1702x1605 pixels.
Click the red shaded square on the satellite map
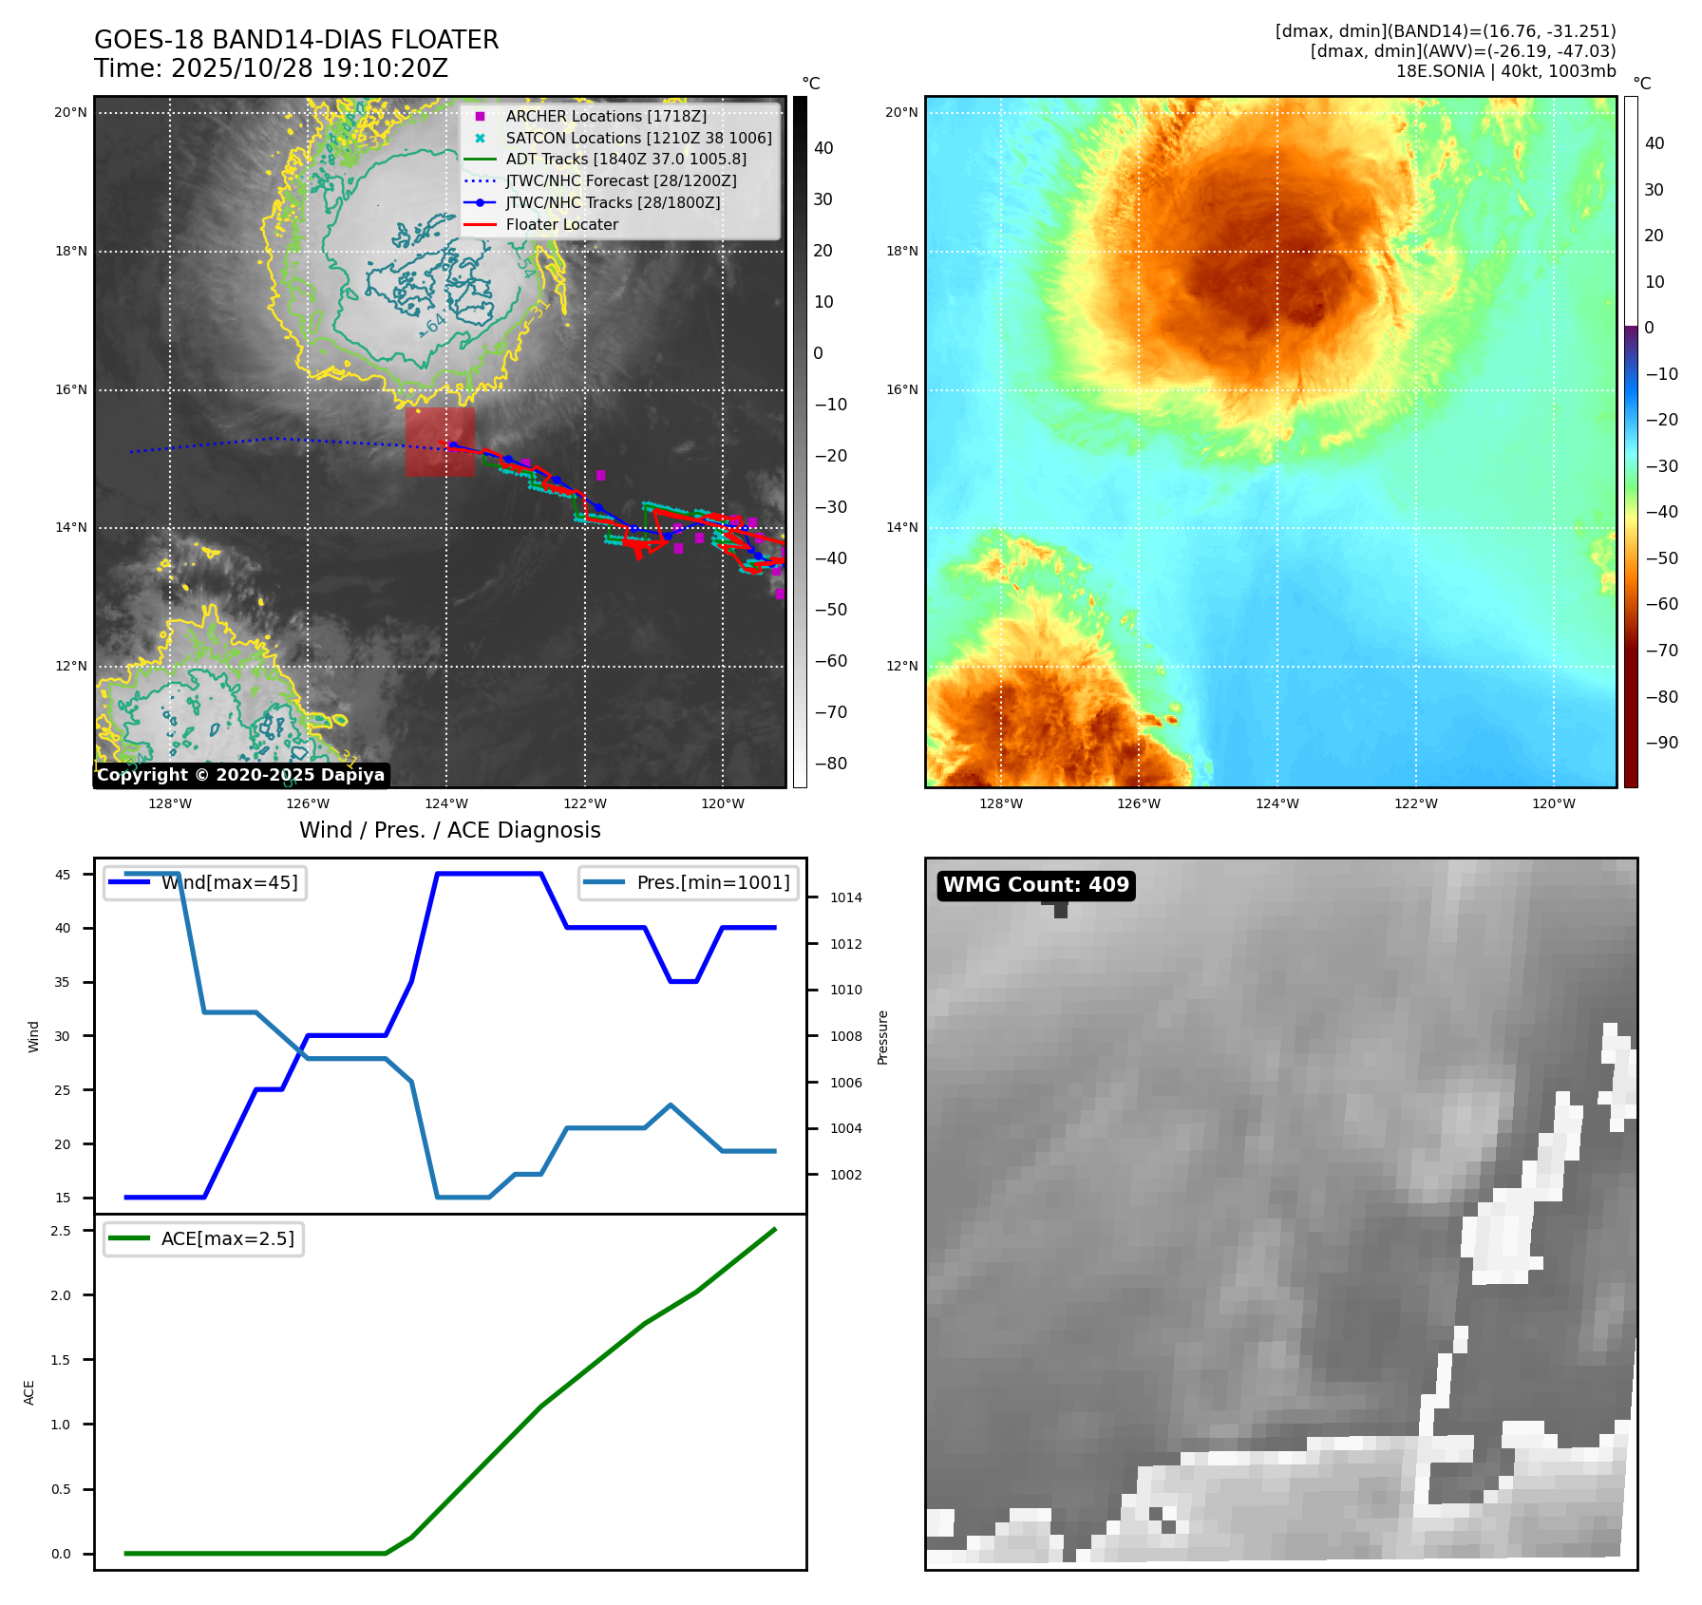(x=440, y=442)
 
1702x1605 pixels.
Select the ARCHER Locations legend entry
(x=605, y=116)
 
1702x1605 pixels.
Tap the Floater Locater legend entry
(x=561, y=225)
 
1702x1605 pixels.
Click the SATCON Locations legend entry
(x=637, y=138)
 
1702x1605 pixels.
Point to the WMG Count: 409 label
(x=1035, y=885)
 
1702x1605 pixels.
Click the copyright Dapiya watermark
(x=240, y=775)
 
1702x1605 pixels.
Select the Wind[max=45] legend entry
(x=205, y=882)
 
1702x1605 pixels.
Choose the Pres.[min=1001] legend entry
(x=689, y=882)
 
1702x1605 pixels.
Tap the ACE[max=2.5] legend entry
(x=204, y=1238)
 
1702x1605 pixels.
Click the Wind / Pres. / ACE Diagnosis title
(x=449, y=830)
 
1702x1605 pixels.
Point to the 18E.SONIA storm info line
(x=1504, y=71)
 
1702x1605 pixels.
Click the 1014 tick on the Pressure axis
(x=845, y=897)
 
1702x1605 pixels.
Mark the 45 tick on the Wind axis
(x=63, y=875)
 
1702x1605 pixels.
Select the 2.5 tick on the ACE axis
(x=61, y=1231)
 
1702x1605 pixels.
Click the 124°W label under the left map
(x=446, y=803)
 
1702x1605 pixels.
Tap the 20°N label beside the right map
(x=901, y=112)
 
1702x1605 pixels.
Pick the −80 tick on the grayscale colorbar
(x=830, y=764)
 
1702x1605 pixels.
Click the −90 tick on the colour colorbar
(x=1661, y=743)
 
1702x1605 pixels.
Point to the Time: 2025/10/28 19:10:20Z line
(x=271, y=68)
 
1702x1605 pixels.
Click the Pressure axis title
(x=882, y=1037)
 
